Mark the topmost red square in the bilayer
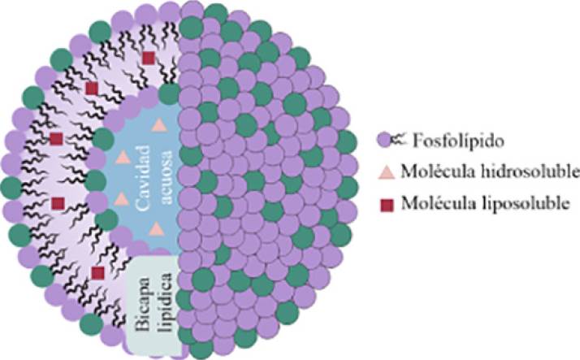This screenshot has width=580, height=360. [x=149, y=58]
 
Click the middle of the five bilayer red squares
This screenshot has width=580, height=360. [x=56, y=139]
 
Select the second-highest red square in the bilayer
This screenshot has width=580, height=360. [x=92, y=87]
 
